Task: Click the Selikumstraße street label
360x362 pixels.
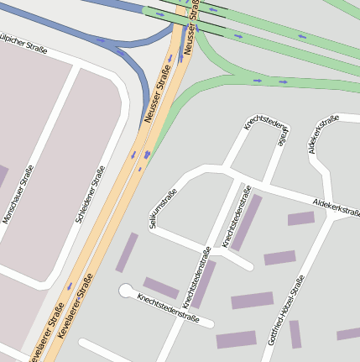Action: click(x=163, y=207)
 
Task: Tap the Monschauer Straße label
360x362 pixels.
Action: click(x=19, y=194)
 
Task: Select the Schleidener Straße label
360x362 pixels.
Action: click(x=90, y=194)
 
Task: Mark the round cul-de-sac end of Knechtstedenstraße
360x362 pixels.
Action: click(x=127, y=291)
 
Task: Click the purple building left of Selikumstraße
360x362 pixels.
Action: click(x=126, y=252)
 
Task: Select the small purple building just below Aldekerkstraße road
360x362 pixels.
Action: click(x=300, y=218)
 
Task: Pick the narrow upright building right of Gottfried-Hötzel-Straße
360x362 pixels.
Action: click(x=295, y=334)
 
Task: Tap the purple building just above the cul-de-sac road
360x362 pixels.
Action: click(x=160, y=288)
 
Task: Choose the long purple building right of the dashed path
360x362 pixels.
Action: click(x=247, y=223)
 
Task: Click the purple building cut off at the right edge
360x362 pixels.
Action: click(x=349, y=334)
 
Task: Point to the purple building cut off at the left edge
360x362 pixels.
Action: click(x=3, y=176)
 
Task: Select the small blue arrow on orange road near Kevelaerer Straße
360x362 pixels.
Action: click(x=70, y=286)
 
